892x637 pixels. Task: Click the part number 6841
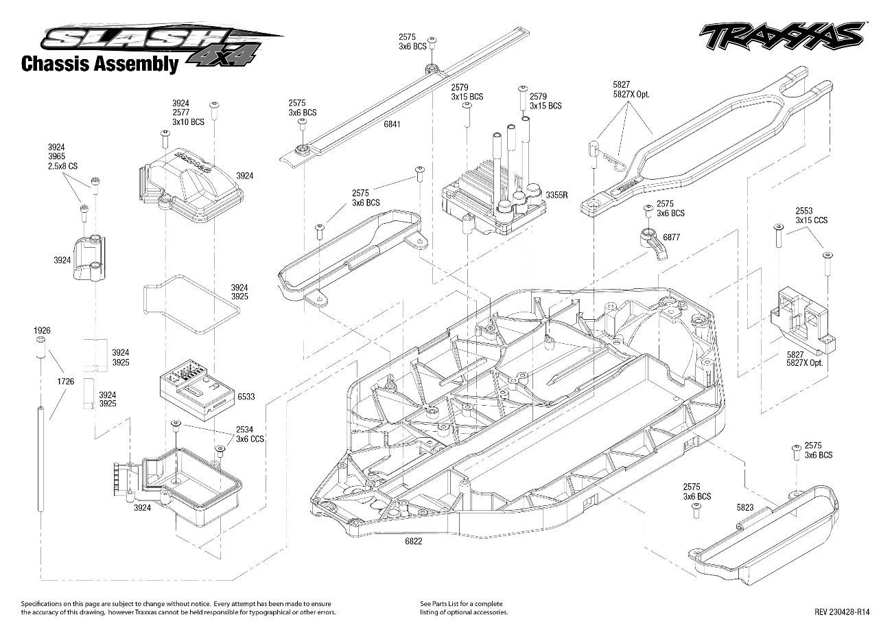(x=393, y=124)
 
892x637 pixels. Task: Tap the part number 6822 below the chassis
(x=413, y=541)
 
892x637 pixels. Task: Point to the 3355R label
(x=556, y=196)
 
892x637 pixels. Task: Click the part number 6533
(x=246, y=397)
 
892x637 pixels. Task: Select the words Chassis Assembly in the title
(x=99, y=65)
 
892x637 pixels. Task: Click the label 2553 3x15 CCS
(x=812, y=216)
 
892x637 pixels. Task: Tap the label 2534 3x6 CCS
(x=250, y=434)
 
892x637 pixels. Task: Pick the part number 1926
(x=42, y=331)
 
